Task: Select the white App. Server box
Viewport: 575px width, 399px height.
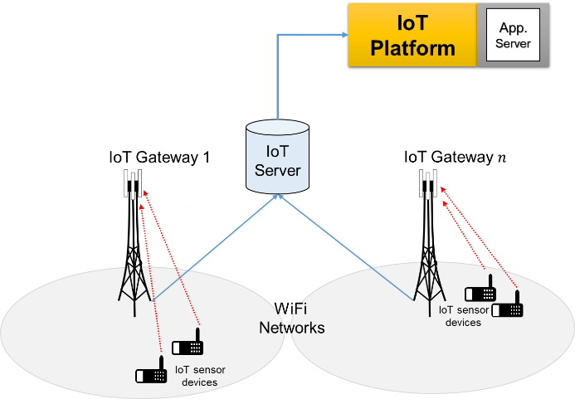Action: [513, 35]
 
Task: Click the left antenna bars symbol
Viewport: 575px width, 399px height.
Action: [134, 183]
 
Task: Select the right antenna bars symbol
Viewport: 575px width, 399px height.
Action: [428, 183]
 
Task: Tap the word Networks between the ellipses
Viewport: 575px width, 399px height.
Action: [292, 328]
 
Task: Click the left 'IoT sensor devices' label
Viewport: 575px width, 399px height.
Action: [199, 376]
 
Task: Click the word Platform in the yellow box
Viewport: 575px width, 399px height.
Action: [412, 47]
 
